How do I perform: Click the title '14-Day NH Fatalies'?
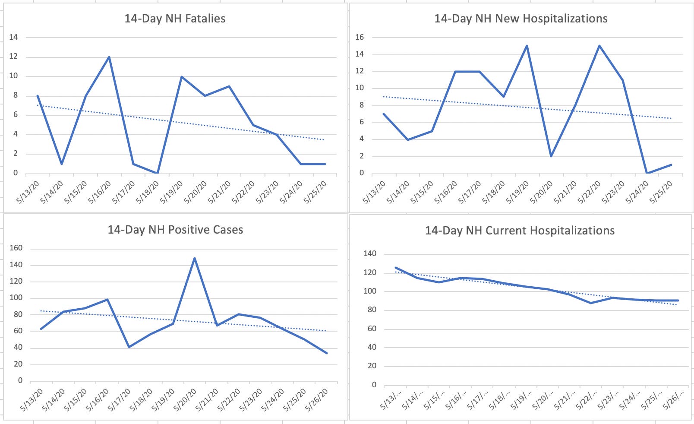[175, 19]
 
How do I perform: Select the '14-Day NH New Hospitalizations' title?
[521, 19]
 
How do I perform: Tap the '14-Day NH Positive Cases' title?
[175, 230]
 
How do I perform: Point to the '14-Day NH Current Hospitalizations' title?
[520, 231]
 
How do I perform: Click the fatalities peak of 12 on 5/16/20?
[109, 57]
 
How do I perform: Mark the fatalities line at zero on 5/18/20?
[157, 173]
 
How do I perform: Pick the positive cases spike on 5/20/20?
[195, 258]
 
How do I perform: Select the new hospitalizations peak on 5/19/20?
[527, 46]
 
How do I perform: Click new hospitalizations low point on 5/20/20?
[551, 156]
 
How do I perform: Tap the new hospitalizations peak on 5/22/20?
[599, 46]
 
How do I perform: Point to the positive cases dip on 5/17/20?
[129, 347]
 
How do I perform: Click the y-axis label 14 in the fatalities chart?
[13, 37]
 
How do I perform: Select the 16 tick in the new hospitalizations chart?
[360, 37]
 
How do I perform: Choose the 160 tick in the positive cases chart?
[16, 248]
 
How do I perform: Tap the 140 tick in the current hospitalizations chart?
[370, 254]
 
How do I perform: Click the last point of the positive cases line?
[327, 353]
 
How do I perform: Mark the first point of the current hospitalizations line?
[396, 268]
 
